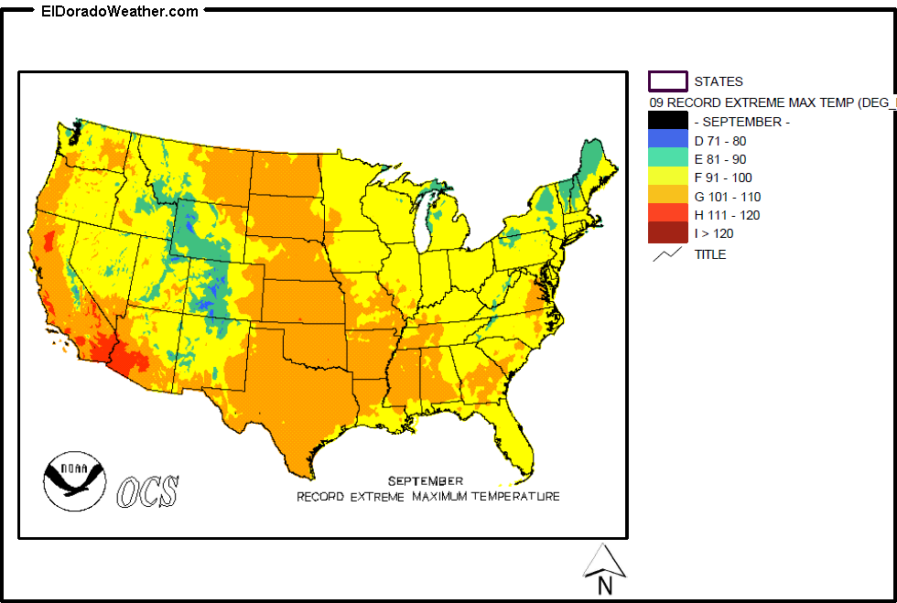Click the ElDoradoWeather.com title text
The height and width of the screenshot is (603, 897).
(x=119, y=12)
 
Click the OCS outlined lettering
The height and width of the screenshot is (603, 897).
(x=147, y=490)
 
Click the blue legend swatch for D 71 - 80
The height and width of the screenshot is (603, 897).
(x=667, y=140)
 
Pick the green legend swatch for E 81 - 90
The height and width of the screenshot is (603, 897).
(x=667, y=158)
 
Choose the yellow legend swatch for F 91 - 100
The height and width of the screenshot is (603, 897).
(x=667, y=177)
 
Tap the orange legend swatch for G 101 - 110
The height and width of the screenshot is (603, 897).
(x=667, y=196)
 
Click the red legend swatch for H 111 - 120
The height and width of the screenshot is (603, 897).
(x=667, y=214)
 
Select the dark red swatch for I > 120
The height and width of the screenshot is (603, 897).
(x=667, y=232)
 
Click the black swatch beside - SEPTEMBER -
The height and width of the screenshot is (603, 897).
(x=667, y=121)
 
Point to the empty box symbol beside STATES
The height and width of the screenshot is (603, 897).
(x=667, y=81)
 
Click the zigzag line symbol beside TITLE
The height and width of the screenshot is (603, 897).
(x=667, y=254)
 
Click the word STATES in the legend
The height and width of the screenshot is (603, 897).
(x=719, y=81)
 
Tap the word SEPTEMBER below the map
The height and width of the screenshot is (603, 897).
(x=425, y=480)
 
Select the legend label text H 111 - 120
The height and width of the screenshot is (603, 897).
(x=727, y=215)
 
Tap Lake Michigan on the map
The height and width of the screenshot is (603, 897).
(x=425, y=225)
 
